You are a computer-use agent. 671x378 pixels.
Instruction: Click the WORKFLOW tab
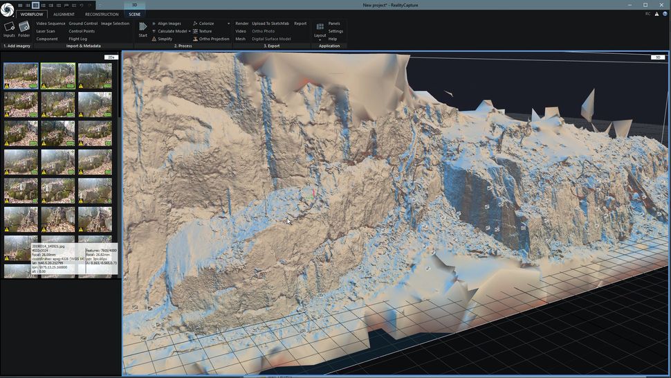coord(32,14)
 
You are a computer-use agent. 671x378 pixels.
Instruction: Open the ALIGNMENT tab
coord(64,14)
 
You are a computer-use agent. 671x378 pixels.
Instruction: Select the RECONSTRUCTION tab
coord(101,14)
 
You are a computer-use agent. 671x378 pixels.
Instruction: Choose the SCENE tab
coord(134,14)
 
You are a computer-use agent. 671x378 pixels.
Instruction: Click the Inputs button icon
coord(9,27)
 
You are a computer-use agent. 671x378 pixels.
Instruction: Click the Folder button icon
coord(24,27)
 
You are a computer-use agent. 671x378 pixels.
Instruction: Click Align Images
coord(169,24)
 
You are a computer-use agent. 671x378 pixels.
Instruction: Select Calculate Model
coord(172,31)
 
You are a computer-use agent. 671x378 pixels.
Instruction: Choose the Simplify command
coord(165,39)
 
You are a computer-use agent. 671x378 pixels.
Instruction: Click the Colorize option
coord(206,24)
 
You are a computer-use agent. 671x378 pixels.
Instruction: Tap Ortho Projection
coord(214,39)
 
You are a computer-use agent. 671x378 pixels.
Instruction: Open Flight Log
coord(78,39)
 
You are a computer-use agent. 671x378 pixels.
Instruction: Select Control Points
coord(82,31)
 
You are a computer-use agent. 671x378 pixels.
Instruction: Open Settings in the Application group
coord(335,31)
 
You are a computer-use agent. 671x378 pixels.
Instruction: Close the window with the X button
coord(661,5)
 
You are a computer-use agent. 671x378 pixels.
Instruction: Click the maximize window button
coord(645,5)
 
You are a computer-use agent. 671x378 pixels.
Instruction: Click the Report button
coord(300,24)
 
